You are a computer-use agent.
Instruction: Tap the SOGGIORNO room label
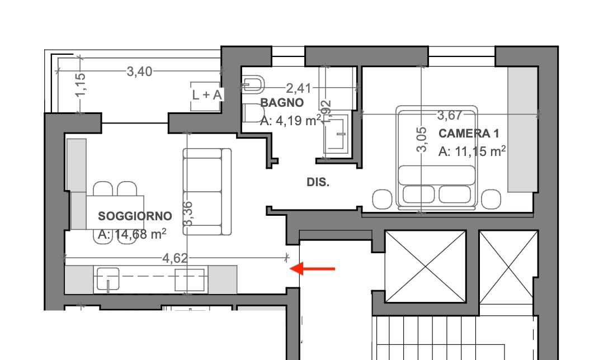click(x=135, y=216)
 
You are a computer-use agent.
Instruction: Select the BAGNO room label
click(x=282, y=103)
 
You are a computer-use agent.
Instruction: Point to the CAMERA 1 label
click(x=469, y=134)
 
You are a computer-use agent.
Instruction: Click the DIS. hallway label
click(x=318, y=182)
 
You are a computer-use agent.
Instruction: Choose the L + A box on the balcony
click(x=207, y=95)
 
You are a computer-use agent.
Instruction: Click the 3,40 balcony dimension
click(x=139, y=72)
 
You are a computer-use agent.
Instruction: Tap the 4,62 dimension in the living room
click(x=175, y=258)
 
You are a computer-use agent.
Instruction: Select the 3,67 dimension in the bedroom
click(x=450, y=115)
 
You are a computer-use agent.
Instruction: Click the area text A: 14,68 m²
click(x=132, y=234)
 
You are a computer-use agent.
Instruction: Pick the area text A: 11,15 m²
click(x=472, y=151)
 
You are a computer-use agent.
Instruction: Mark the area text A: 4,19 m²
click(x=290, y=120)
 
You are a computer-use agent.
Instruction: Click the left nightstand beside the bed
click(x=383, y=199)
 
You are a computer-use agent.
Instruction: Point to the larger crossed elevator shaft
click(x=426, y=266)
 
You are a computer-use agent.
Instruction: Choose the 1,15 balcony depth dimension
click(x=81, y=84)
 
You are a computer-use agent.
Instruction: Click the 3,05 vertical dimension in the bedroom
click(x=422, y=139)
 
